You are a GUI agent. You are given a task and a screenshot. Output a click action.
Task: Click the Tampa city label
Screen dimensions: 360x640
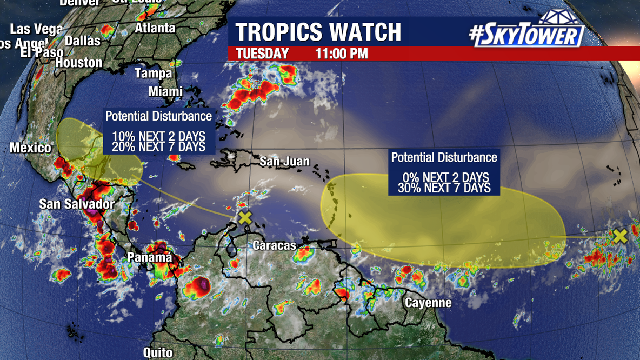[x=154, y=73]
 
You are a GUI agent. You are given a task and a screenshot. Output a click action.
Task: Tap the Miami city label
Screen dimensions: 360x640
[x=165, y=91]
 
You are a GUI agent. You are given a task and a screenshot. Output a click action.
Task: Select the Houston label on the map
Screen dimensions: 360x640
[x=79, y=63]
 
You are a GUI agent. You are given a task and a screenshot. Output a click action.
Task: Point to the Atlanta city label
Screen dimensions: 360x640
[x=155, y=28]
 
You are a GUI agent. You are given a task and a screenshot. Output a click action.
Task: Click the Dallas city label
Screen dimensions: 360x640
[x=83, y=41]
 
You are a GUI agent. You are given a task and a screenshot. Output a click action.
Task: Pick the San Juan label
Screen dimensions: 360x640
[x=284, y=161]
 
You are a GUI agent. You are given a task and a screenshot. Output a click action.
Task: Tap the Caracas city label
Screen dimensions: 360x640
[x=275, y=245]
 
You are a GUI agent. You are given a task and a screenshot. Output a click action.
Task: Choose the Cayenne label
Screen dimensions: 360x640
[x=428, y=303]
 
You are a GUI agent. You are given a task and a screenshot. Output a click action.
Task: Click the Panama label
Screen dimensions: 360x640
[x=150, y=258]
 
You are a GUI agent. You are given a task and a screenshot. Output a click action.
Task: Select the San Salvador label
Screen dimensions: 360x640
[x=77, y=204]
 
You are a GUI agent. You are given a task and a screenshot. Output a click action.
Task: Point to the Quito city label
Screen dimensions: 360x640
[x=158, y=352]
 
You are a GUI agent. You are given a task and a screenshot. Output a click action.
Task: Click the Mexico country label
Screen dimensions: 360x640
[x=30, y=148]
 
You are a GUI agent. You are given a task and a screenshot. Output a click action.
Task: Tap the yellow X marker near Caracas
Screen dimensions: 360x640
[x=245, y=218]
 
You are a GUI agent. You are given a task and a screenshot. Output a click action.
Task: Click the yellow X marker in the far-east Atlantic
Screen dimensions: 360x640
[x=620, y=236]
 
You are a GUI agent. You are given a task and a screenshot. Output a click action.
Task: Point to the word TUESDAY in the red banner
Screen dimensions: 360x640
[x=263, y=54]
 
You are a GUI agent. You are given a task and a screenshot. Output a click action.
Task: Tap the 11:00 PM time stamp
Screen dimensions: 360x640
[x=342, y=54]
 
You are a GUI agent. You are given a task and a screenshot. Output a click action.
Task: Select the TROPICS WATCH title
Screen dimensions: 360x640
[x=318, y=32]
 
